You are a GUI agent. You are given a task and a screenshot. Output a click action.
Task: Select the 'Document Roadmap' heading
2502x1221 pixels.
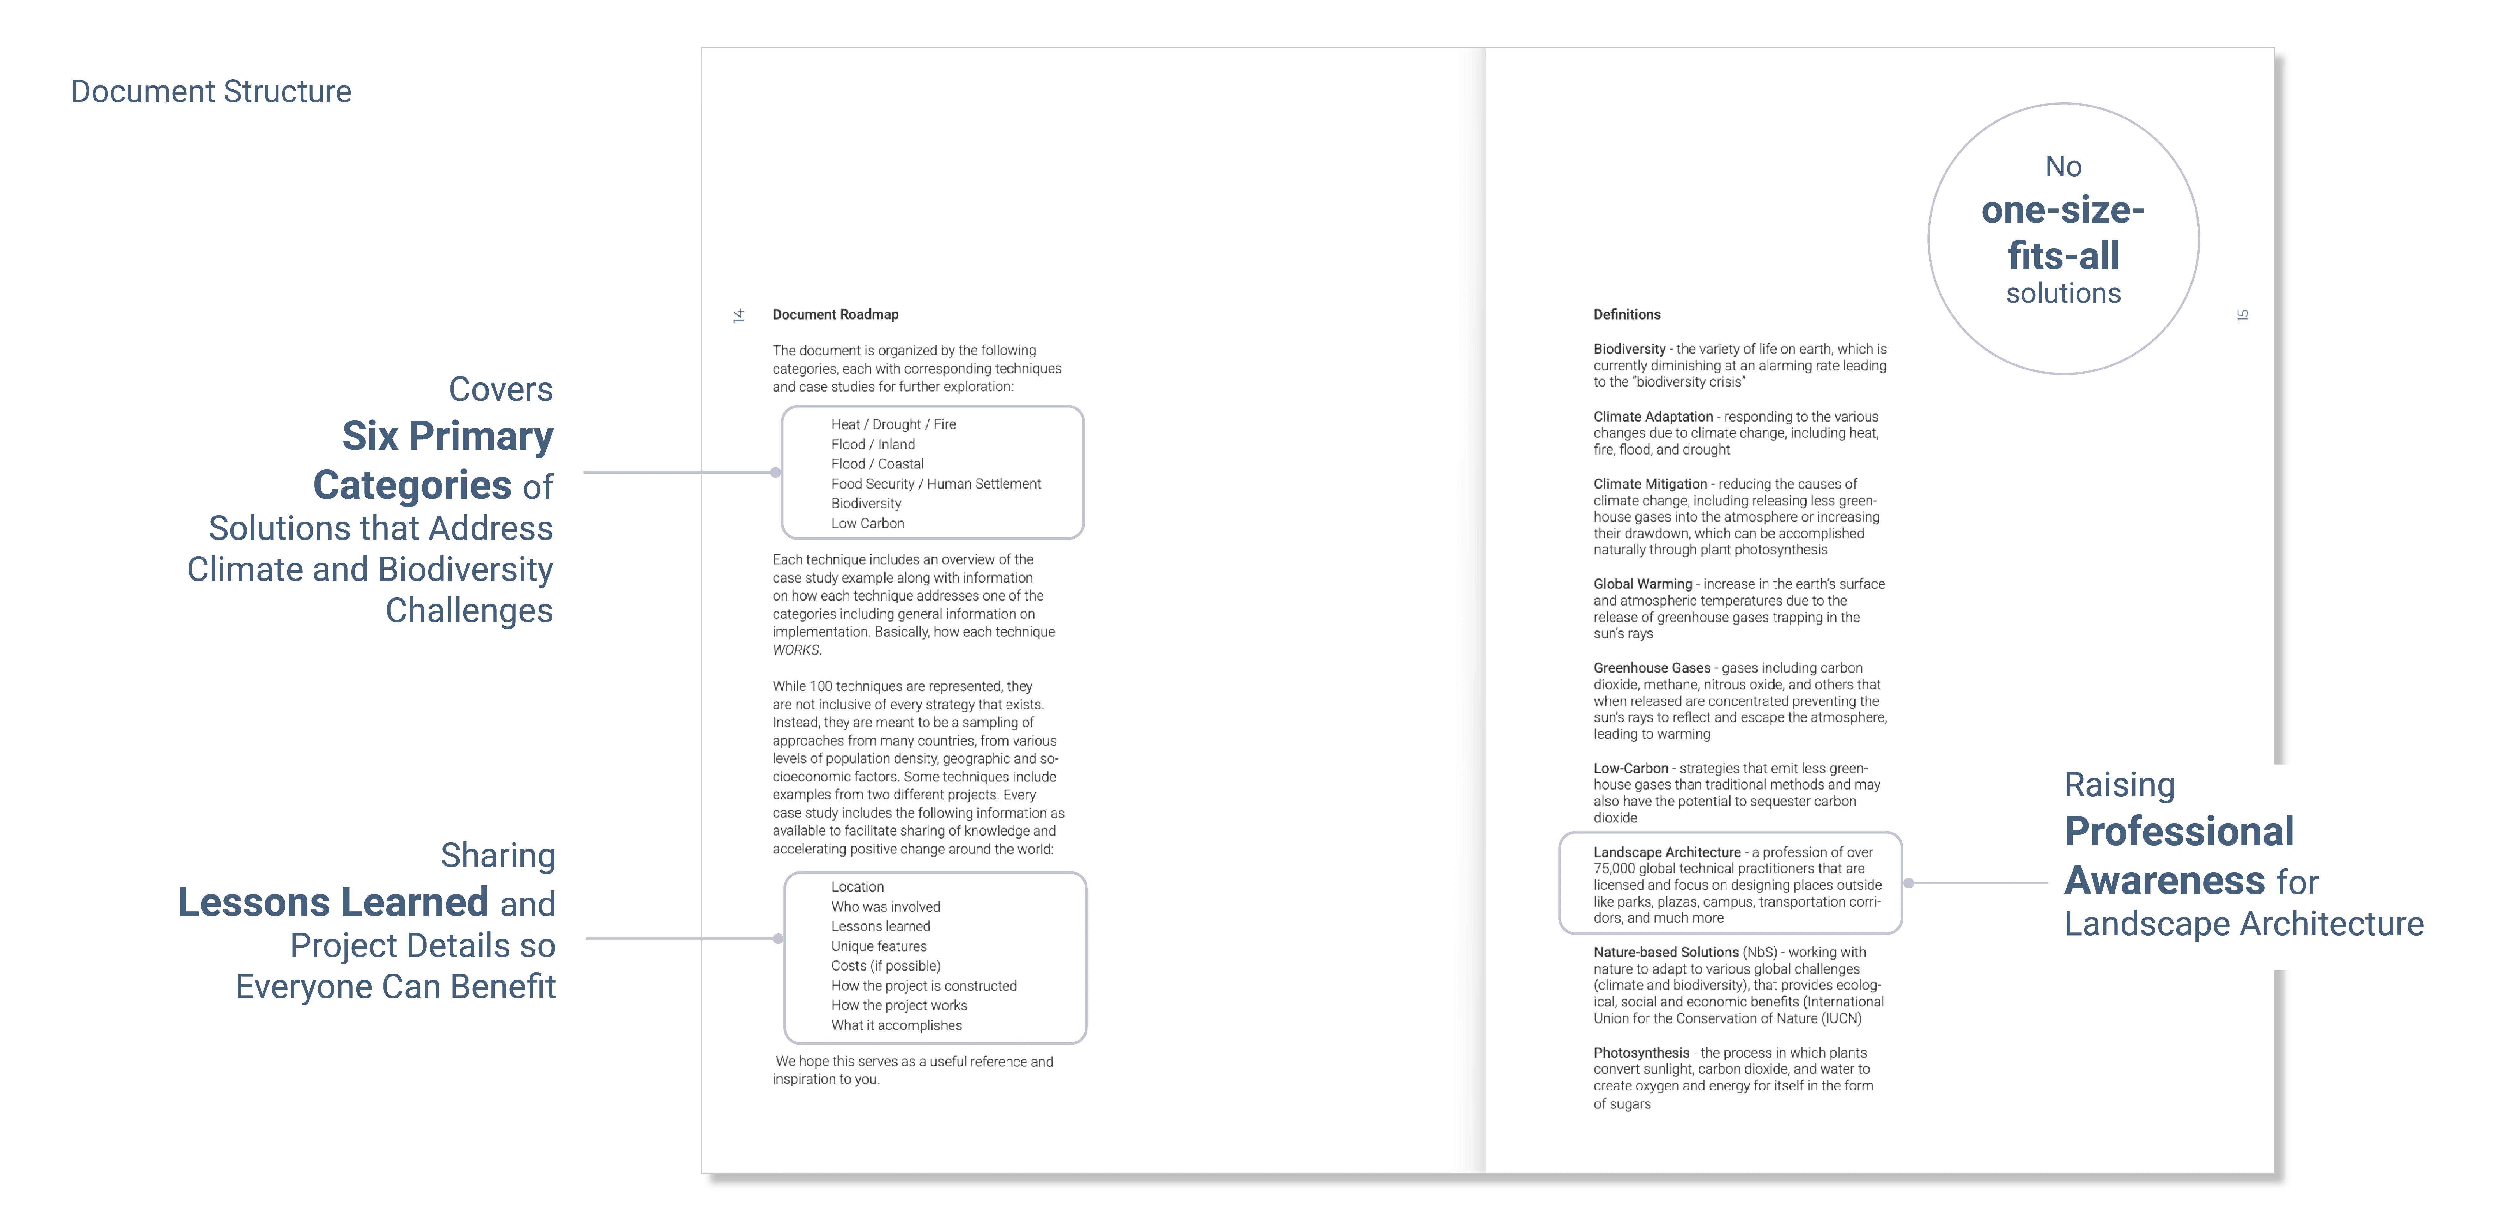(x=835, y=315)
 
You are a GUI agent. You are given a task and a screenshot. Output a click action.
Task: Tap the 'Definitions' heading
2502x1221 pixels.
(x=1627, y=315)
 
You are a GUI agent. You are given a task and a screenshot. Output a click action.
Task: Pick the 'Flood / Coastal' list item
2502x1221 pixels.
(x=877, y=464)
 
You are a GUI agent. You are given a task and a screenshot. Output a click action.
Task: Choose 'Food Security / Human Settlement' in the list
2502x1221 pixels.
(x=935, y=484)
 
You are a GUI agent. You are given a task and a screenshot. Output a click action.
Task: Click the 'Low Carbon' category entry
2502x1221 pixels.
(x=867, y=523)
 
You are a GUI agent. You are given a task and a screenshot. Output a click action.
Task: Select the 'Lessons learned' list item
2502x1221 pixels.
(x=880, y=927)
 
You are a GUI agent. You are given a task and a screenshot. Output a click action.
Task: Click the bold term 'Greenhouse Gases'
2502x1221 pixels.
(x=1651, y=668)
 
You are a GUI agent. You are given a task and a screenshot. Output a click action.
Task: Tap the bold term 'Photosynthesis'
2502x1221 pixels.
(x=1641, y=1053)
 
